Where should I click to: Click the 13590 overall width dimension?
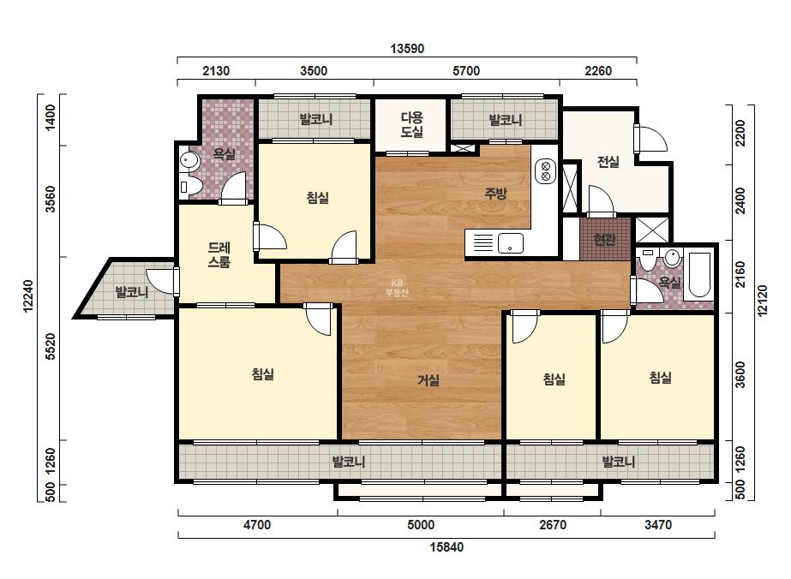[407, 49]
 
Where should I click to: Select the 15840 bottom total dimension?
[446, 546]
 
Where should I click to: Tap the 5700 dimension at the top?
[466, 71]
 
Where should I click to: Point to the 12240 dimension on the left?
[28, 296]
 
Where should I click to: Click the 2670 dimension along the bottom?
[553, 525]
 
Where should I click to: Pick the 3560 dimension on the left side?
[51, 200]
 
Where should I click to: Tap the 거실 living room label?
[428, 380]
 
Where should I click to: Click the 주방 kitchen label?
[495, 194]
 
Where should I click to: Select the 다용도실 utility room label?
[411, 125]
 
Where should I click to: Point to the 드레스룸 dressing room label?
[219, 254]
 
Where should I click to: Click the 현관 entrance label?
[604, 239]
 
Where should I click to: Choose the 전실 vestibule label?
[608, 162]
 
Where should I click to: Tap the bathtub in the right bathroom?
[699, 274]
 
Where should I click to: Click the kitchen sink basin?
[511, 243]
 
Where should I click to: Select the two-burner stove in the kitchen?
[545, 171]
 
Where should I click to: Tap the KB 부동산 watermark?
[397, 288]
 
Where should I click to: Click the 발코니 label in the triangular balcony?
[132, 292]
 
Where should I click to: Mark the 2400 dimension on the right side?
[740, 200]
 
